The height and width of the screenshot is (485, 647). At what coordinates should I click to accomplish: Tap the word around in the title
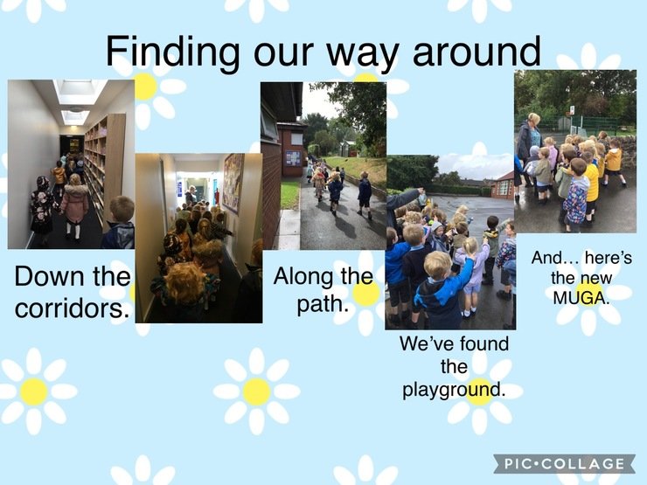[x=477, y=52]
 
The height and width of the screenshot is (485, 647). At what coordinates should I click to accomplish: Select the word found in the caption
[x=484, y=343]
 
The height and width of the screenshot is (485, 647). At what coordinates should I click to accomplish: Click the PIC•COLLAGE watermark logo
[x=564, y=464]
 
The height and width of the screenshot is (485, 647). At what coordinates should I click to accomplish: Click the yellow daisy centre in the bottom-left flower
[x=34, y=391]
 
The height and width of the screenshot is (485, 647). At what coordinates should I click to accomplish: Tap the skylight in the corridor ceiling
[x=80, y=92]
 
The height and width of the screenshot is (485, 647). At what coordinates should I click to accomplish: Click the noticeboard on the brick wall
[x=294, y=158]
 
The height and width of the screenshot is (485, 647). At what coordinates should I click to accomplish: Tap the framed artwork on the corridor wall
[x=233, y=183]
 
